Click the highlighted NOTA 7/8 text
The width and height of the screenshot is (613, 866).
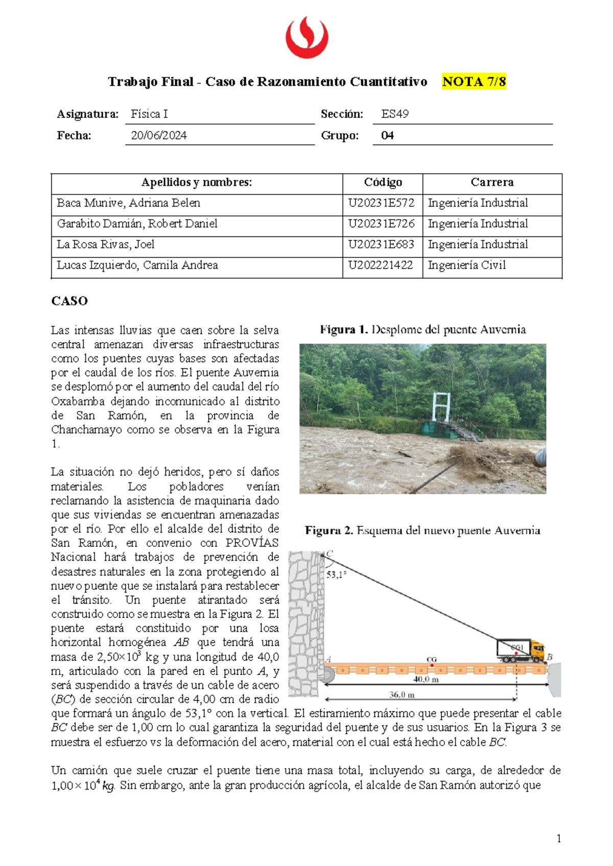(474, 82)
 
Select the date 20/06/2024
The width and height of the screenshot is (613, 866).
(159, 136)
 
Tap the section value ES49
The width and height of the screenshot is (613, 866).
(395, 114)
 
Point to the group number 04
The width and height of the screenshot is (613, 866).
(387, 136)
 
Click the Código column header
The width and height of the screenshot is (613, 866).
(383, 183)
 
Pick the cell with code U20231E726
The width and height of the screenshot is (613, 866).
(381, 224)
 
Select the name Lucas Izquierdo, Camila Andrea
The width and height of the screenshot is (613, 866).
(137, 266)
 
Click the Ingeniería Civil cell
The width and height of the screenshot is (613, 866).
(466, 266)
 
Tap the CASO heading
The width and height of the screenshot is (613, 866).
(69, 301)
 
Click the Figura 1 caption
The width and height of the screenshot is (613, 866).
(422, 330)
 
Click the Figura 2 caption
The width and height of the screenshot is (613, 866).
(422, 531)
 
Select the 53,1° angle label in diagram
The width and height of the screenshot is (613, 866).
(336, 574)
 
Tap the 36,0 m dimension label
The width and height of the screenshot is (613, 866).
(402, 695)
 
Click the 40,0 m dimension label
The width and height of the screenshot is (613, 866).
(426, 680)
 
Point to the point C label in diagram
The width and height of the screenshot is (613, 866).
(329, 554)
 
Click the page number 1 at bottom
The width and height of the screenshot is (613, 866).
(559, 838)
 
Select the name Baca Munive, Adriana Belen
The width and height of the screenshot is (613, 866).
(129, 203)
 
